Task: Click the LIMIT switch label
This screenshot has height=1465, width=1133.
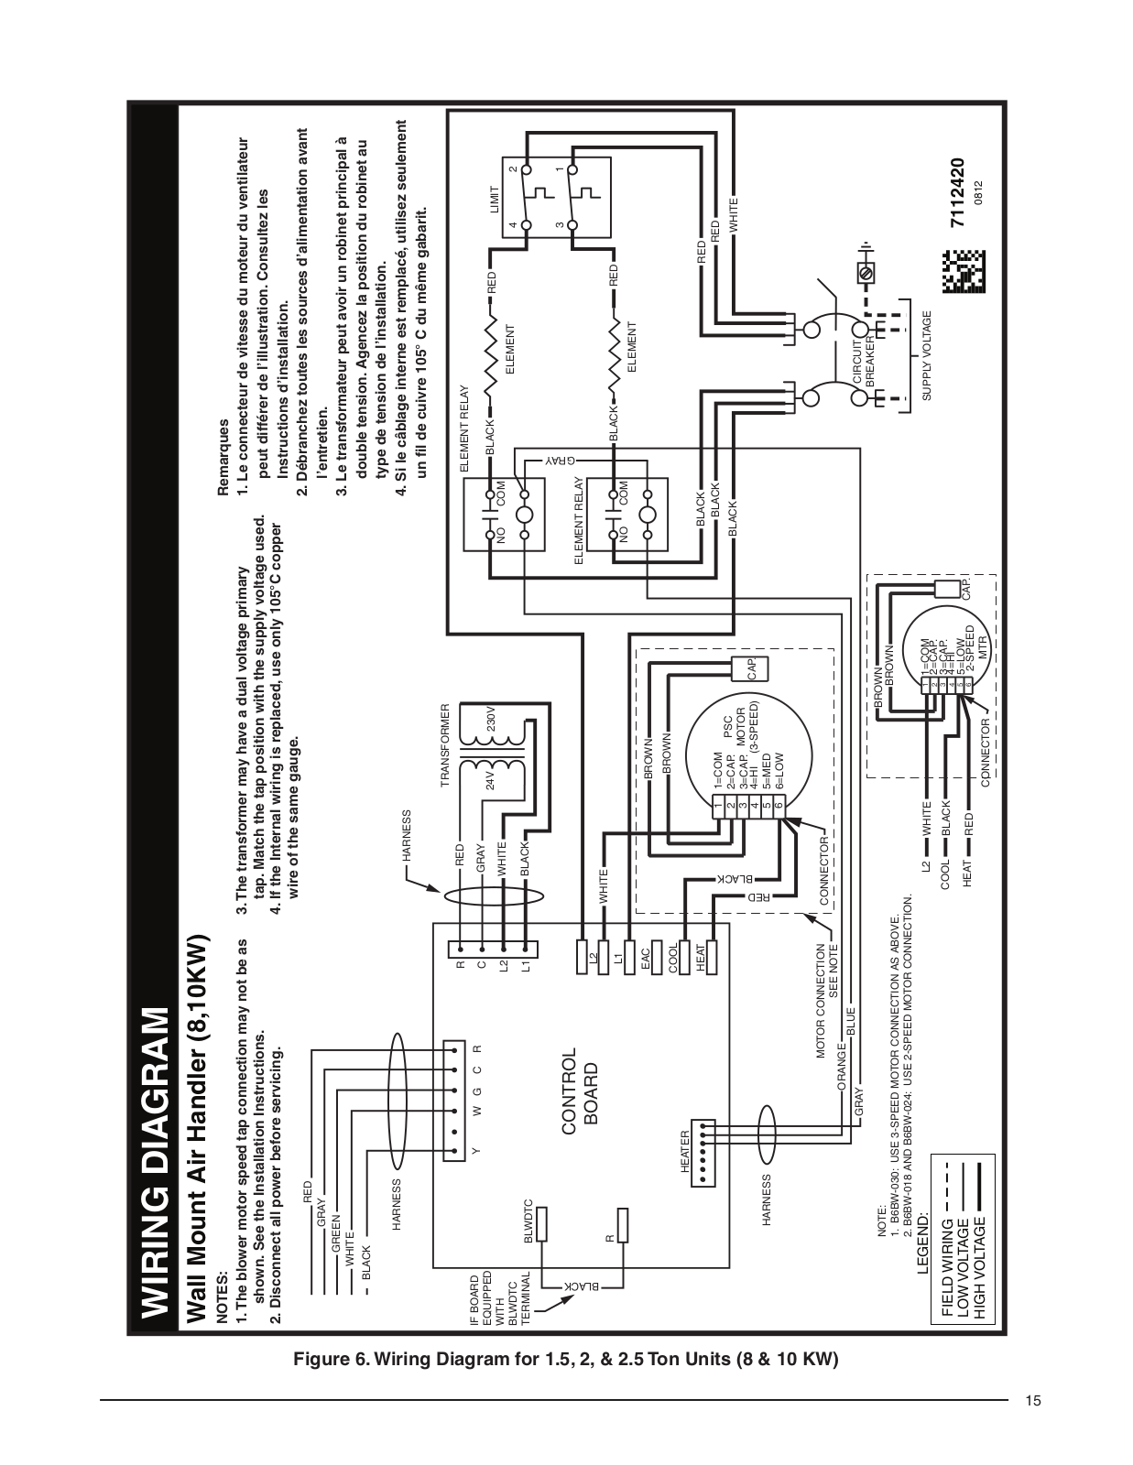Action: click(x=496, y=200)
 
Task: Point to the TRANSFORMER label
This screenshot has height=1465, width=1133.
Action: click(x=444, y=745)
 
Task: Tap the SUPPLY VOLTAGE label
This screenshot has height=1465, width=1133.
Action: click(x=926, y=355)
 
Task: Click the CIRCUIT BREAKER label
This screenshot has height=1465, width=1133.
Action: click(x=864, y=363)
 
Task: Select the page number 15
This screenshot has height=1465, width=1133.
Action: click(x=1033, y=1401)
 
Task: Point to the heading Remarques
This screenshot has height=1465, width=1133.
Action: click(x=223, y=458)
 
